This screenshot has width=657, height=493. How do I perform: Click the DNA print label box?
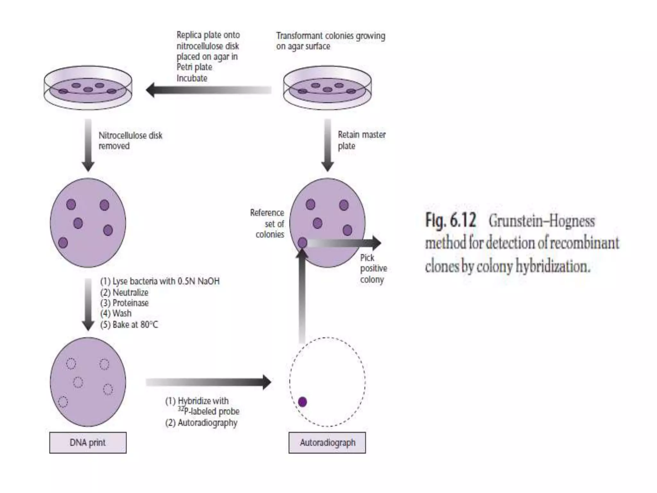point(88,443)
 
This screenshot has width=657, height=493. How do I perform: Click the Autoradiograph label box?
point(327,443)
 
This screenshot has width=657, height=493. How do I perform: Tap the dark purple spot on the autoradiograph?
point(302,402)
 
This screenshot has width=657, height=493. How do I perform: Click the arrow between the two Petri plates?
point(209,90)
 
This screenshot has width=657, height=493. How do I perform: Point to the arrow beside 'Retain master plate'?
point(328,144)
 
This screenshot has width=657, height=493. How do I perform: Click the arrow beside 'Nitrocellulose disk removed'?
point(88,144)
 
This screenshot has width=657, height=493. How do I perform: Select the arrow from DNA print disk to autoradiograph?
point(209,382)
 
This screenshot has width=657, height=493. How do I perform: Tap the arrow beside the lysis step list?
point(88,303)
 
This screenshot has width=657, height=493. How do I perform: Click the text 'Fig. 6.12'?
point(450,221)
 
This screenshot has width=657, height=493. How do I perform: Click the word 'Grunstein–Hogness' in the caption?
point(542,221)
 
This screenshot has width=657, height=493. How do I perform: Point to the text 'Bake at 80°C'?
point(135,324)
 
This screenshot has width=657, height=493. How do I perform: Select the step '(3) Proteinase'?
point(124,303)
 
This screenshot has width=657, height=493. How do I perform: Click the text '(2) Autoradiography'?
point(201,423)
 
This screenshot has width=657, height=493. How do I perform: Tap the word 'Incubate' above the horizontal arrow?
point(192,78)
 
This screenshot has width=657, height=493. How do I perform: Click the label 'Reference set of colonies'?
point(268,224)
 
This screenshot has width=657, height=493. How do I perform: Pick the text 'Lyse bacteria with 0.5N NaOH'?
point(166,281)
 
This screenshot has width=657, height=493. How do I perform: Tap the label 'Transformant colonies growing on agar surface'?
point(330,41)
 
